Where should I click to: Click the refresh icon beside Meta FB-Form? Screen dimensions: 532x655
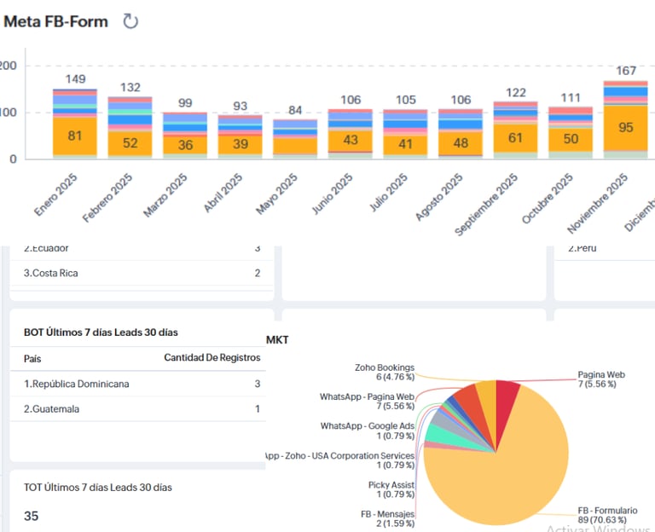[130, 21]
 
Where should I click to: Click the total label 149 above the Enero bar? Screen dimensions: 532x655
[75, 79]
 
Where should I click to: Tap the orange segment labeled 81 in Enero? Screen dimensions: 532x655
[75, 136]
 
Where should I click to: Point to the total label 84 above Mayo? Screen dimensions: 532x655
[295, 111]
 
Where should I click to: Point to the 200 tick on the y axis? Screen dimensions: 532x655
[8, 66]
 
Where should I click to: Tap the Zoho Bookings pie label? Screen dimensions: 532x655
[385, 373]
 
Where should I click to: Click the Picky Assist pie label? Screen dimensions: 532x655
[391, 489]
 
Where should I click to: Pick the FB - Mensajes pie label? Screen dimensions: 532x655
[388, 519]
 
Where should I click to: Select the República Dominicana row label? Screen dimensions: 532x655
[77, 385]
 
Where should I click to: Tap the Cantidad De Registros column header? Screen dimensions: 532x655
[212, 358]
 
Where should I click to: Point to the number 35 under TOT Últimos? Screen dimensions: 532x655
[32, 516]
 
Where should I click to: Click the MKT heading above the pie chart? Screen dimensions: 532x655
[278, 340]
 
